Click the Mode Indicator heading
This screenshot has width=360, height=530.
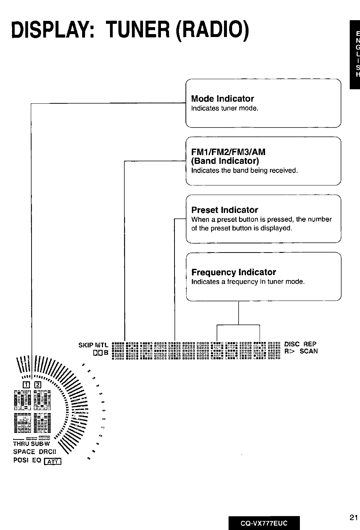[223, 99]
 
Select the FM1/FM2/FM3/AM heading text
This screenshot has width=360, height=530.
[228, 152]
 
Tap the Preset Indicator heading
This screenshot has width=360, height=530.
[225, 210]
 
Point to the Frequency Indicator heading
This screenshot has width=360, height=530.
[234, 272]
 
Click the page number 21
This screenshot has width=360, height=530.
[353, 518]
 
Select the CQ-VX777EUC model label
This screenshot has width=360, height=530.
[264, 523]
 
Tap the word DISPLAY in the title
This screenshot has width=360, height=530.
[52, 29]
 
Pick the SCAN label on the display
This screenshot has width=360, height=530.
[309, 351]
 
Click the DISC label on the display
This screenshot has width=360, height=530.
[292, 344]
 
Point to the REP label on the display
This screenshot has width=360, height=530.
[310, 344]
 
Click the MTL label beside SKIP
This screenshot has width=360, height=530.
[102, 345]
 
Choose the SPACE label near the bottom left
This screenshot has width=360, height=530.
[24, 452]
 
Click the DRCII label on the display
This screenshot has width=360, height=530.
[47, 452]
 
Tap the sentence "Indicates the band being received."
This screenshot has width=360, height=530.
[245, 170]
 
